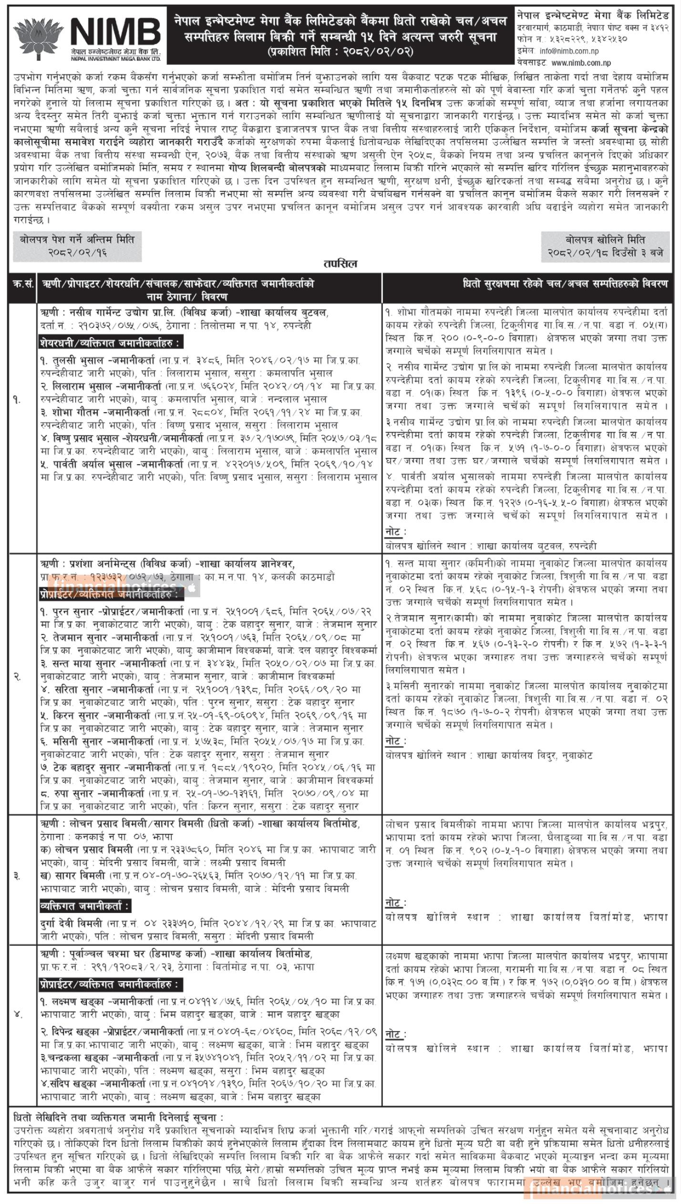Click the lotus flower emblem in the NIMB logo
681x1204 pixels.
pyautogui.click(x=36, y=38)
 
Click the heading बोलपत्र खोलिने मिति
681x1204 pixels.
pyautogui.click(x=605, y=240)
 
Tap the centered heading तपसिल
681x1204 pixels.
pyautogui.click(x=340, y=264)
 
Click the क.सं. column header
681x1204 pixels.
pyautogui.click(x=22, y=284)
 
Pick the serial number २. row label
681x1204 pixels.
pyautogui.click(x=17, y=677)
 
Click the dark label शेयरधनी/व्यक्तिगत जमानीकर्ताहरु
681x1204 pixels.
pyautogui.click(x=111, y=343)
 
